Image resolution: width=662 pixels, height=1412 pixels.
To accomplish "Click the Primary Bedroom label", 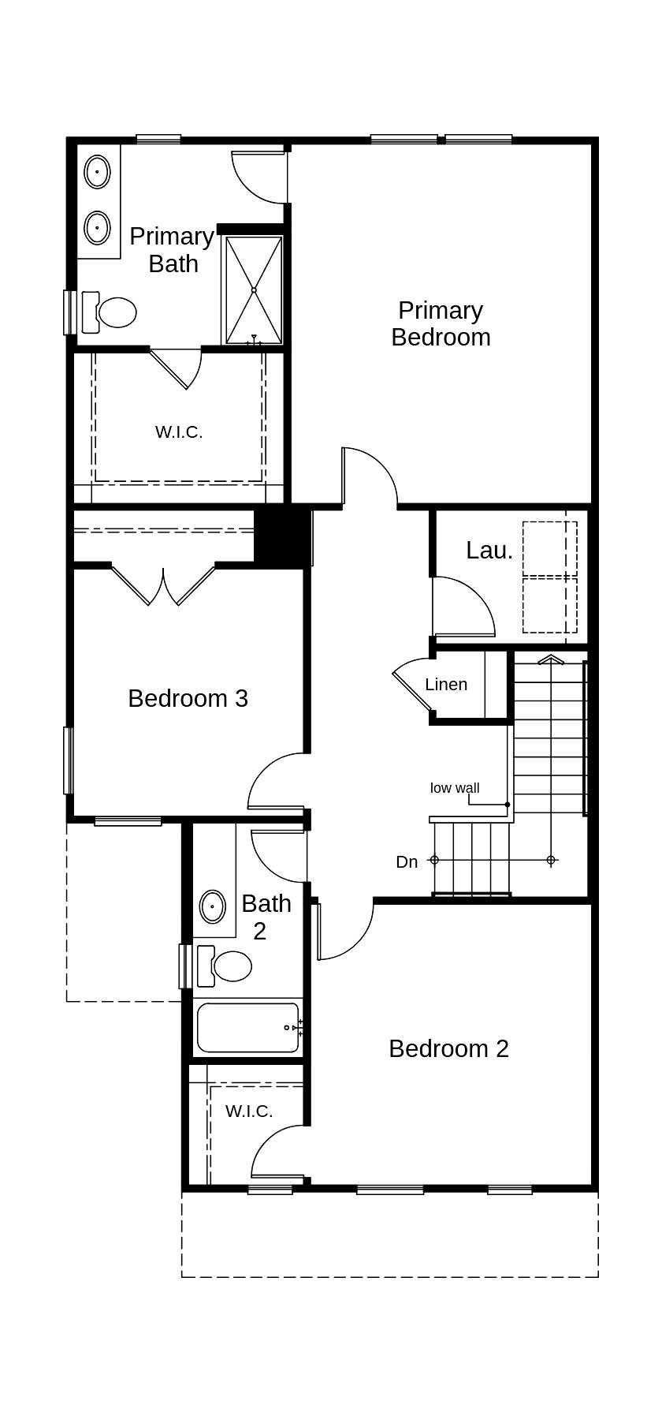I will [x=441, y=323].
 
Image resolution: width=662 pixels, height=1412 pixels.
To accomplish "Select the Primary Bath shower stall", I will [x=254, y=290].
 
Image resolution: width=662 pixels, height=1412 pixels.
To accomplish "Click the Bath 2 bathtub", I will [x=247, y=1027].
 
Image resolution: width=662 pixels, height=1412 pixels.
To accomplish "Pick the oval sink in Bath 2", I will [x=213, y=907].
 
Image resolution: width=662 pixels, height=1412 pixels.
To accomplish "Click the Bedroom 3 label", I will [x=188, y=698].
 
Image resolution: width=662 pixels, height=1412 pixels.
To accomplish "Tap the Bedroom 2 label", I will [x=448, y=1048].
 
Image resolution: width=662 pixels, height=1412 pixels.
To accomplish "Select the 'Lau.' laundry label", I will [x=489, y=551].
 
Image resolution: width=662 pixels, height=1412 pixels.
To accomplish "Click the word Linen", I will [x=446, y=685].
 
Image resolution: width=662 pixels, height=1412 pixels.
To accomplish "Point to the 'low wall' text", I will [x=455, y=788].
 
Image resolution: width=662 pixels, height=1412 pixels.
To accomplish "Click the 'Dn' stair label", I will [x=407, y=862].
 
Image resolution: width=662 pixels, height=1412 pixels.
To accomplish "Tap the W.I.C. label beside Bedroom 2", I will [x=249, y=1111].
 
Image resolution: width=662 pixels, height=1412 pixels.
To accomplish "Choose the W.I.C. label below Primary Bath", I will [x=179, y=432].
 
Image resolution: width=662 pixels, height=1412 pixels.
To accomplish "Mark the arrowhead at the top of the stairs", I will [x=551, y=659].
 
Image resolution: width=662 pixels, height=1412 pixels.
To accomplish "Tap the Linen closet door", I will [x=410, y=686].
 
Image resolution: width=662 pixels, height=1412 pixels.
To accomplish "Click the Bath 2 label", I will [x=266, y=917].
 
